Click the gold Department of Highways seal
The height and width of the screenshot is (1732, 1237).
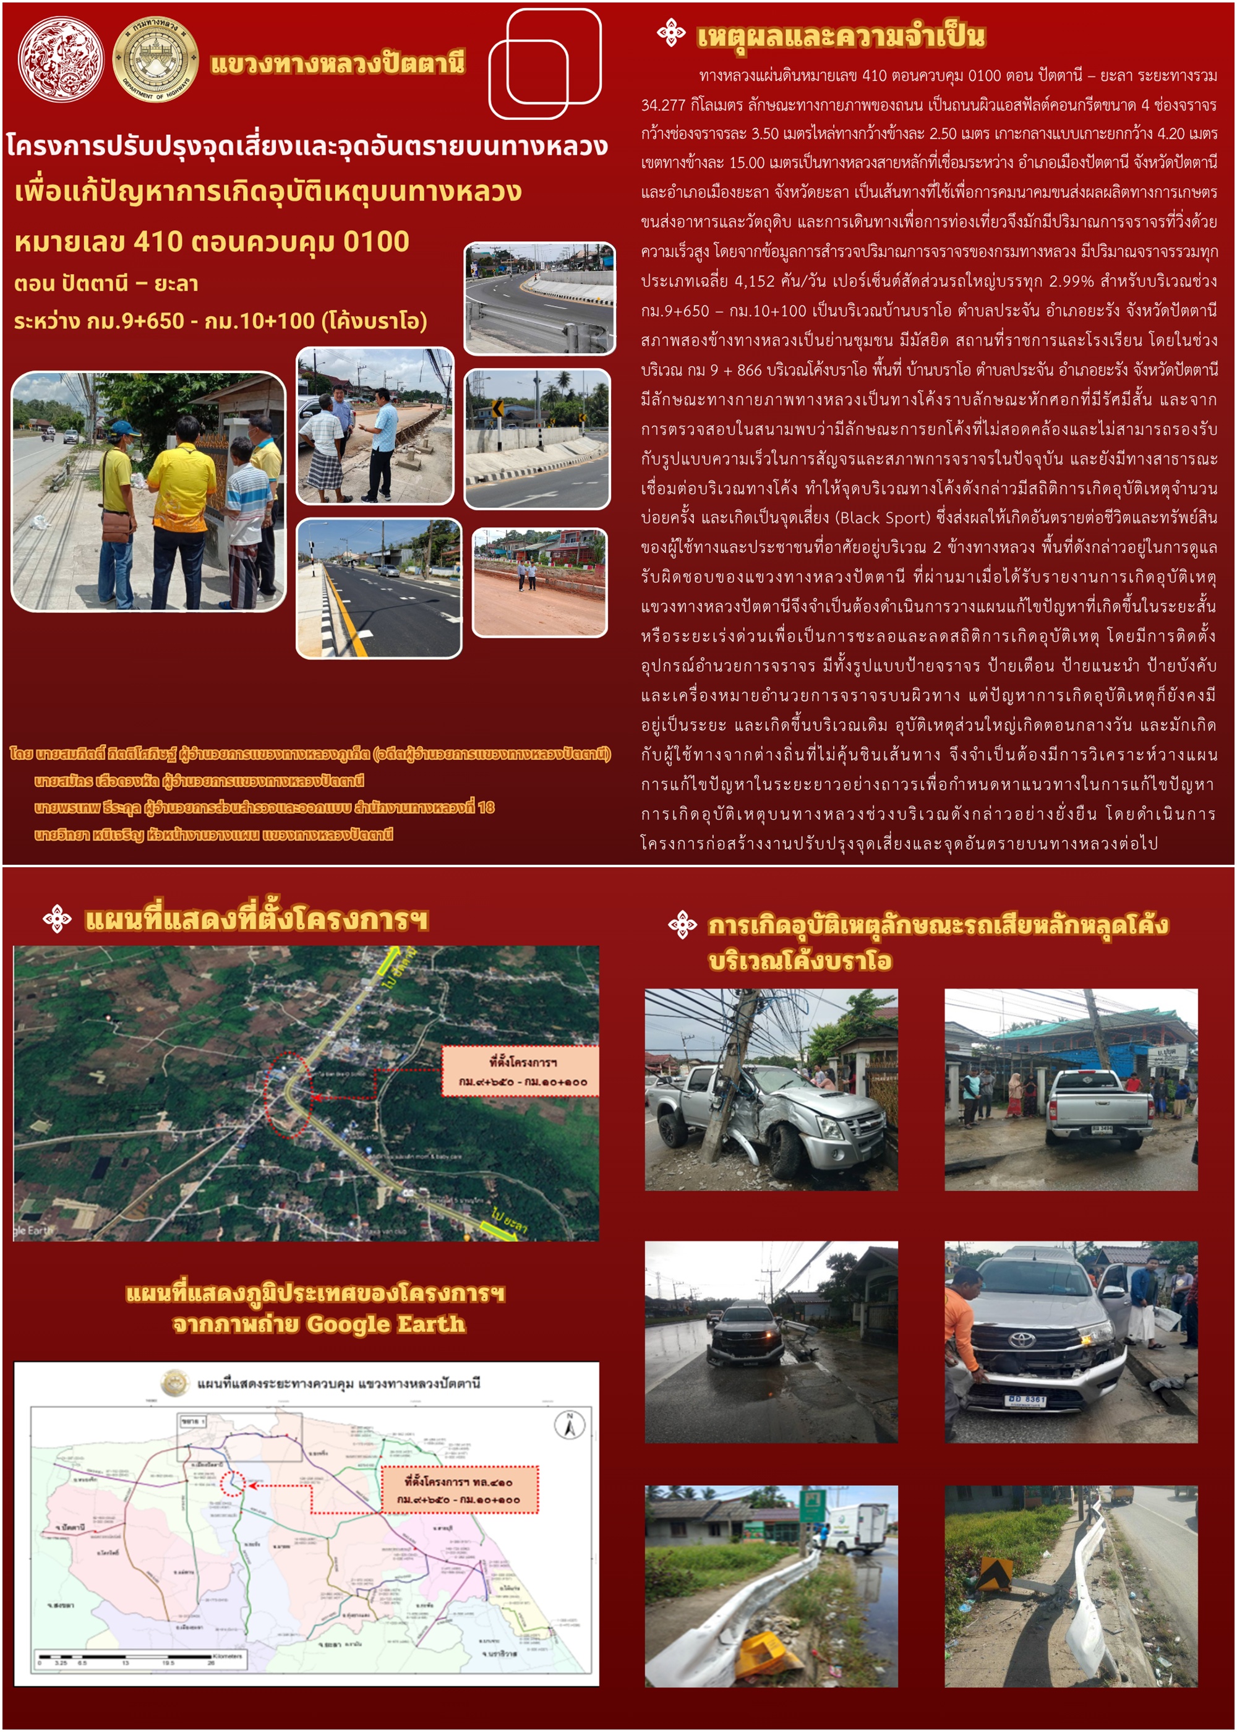point(155,59)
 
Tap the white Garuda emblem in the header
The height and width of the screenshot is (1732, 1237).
point(61,59)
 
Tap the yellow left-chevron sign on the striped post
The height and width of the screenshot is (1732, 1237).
point(496,409)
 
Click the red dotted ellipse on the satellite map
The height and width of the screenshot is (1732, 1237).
point(289,1094)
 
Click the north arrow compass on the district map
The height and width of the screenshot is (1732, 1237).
point(569,1425)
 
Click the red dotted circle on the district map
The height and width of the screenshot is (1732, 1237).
point(233,1482)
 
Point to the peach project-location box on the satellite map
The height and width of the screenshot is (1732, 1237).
point(521,1071)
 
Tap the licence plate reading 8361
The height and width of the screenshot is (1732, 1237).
point(1025,1399)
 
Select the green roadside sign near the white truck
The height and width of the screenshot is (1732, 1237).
point(813,1506)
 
